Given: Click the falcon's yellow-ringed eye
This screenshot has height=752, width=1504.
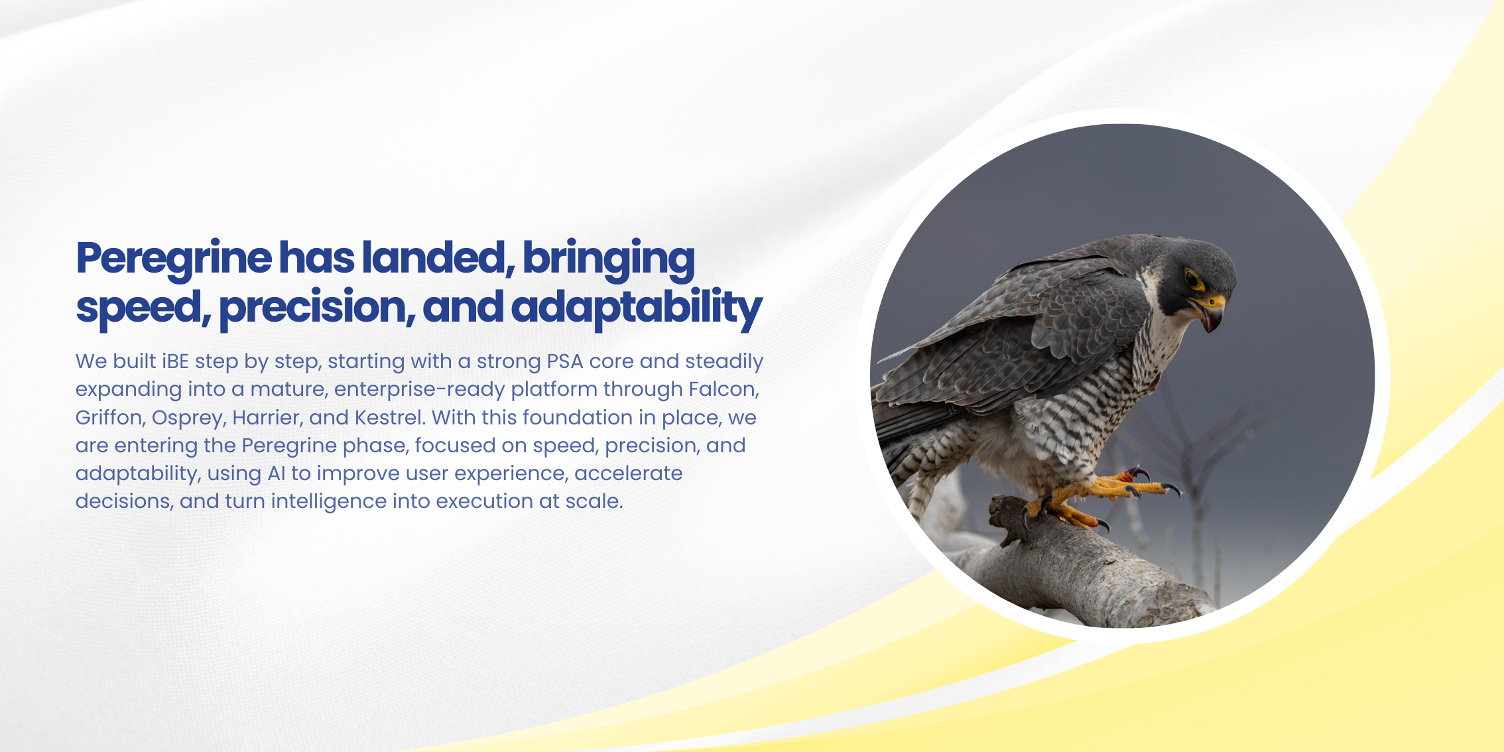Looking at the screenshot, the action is (x=1194, y=280).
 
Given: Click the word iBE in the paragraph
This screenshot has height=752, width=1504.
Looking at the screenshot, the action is (x=175, y=361).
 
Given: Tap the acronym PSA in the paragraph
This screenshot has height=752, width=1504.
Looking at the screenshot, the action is (x=564, y=361).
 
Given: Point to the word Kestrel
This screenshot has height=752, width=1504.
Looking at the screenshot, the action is (x=390, y=418).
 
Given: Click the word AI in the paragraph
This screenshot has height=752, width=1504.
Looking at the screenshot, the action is (x=277, y=473).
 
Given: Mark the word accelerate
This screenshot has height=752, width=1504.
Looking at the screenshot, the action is (x=629, y=473).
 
